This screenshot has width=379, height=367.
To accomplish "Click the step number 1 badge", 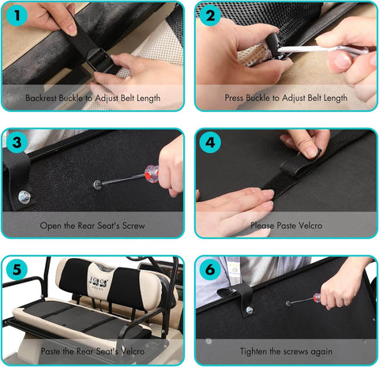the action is pos(17,15).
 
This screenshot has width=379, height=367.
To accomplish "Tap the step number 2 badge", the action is pos(210,15).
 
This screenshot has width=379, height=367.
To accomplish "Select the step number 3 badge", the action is pos(17,142).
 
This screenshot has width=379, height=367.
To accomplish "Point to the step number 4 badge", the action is pos(210,142).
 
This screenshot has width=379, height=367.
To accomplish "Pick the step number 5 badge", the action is pos(17,270).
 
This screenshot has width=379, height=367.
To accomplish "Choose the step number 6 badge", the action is pos(210,270).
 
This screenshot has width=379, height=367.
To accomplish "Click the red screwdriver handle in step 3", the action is pos(152,174).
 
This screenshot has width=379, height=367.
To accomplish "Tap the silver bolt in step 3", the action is pos(24,197).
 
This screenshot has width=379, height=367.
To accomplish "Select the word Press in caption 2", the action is pos(234,98).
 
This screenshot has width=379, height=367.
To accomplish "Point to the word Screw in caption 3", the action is pos(133,226).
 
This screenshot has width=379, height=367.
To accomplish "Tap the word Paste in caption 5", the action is pos(51,351).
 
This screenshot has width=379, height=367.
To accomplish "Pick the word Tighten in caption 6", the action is pos(253,351).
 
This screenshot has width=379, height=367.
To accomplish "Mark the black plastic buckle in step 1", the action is pos(100,61).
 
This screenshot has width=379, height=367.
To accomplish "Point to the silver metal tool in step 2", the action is pos(322,50).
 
